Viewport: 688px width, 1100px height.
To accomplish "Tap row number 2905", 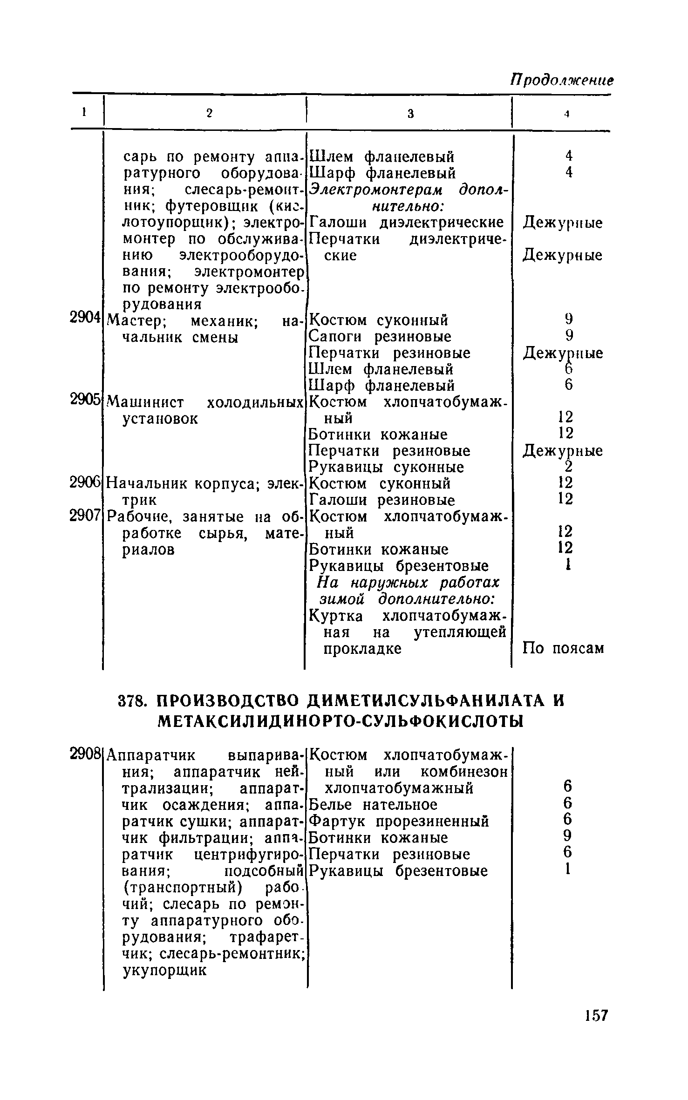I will coord(85,399).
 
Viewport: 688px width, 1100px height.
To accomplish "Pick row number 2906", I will coord(85,483).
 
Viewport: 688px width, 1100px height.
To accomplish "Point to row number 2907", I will coord(85,516).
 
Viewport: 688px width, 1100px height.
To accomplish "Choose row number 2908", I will coord(85,753).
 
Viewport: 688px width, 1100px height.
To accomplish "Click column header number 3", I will coord(410,113).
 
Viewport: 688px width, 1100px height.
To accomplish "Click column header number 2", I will coord(209,113).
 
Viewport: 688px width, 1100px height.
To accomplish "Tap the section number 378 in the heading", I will coord(133,702).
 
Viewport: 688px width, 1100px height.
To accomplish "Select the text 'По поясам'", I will coord(563,648).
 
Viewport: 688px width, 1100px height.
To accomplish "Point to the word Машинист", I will coord(145,401).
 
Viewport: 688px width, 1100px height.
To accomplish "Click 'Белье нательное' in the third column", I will coord(373,805).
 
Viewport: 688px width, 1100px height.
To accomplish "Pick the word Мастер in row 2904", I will coord(134,320).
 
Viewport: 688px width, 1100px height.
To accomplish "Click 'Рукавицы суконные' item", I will coord(387,467).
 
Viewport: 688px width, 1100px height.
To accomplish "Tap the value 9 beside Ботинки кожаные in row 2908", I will coord(567,837).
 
